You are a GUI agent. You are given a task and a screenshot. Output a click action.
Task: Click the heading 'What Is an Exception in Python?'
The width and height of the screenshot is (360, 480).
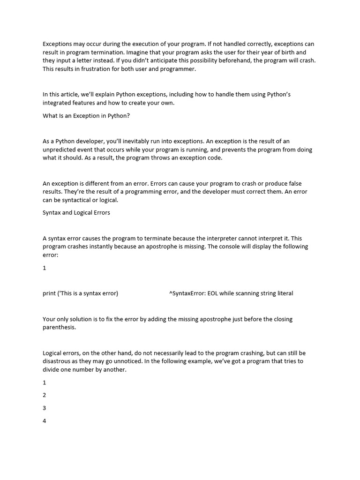[86, 116]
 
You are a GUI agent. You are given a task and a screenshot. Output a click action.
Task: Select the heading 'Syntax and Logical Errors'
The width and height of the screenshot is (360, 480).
[76, 213]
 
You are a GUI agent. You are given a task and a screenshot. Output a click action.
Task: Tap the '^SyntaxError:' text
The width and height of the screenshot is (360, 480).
[187, 293]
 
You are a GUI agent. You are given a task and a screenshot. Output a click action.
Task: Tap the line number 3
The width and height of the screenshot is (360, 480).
[45, 408]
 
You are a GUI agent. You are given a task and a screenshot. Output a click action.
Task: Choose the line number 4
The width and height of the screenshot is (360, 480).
[45, 420]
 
